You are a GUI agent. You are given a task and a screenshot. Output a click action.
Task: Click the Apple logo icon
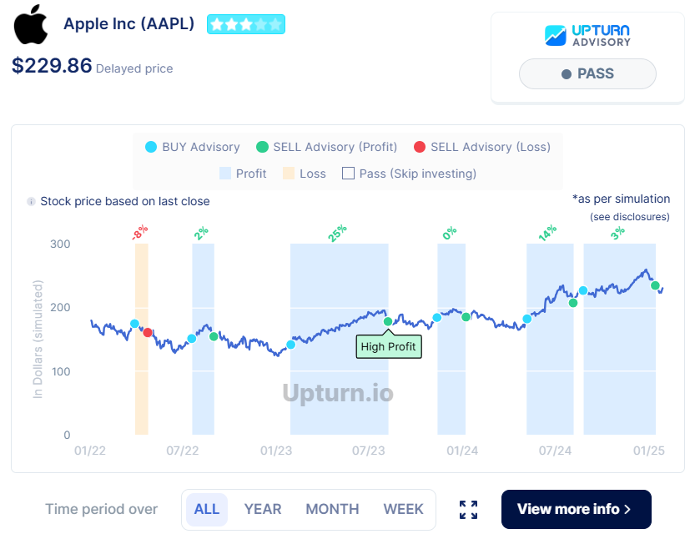pyautogui.click(x=31, y=24)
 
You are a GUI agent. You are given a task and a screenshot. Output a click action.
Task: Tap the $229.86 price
pyautogui.click(x=52, y=66)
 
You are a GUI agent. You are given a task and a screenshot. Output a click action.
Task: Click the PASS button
pyautogui.click(x=587, y=73)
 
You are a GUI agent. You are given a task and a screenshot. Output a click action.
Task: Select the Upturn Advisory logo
pyautogui.click(x=587, y=35)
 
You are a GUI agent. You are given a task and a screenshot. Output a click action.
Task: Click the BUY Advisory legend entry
pyautogui.click(x=193, y=147)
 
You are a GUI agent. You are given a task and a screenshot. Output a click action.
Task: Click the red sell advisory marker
pyautogui.click(x=148, y=333)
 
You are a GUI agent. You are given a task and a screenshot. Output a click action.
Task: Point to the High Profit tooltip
pyautogui.click(x=389, y=346)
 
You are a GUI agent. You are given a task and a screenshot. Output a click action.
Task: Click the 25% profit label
pyautogui.click(x=337, y=234)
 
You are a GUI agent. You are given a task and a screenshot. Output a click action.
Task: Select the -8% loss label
pyautogui.click(x=139, y=232)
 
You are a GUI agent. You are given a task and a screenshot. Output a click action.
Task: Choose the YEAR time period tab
pyautogui.click(x=263, y=509)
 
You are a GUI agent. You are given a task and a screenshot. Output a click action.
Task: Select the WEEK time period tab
pyautogui.click(x=403, y=509)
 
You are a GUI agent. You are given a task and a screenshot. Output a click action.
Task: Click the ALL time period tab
pyautogui.click(x=207, y=509)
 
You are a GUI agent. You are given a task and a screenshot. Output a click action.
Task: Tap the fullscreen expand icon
pyautogui.click(x=469, y=510)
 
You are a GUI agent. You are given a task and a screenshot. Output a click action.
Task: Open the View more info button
pyautogui.click(x=576, y=509)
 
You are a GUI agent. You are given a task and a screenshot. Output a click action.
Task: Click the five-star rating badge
pyautogui.click(x=246, y=24)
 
